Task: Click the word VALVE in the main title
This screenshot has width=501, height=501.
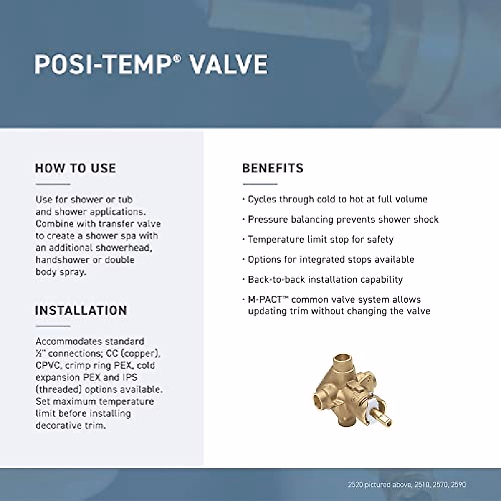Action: pos(229,65)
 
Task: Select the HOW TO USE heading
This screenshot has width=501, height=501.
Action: pos(76,168)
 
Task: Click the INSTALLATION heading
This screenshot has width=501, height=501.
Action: pos(81,310)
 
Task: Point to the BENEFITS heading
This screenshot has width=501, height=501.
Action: pos(273,168)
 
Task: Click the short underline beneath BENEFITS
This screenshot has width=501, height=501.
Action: pos(260,184)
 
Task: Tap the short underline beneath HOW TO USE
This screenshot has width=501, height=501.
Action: pos(53,184)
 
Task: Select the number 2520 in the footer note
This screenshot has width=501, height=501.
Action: pos(355,485)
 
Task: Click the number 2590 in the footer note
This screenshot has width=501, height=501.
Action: pos(458,485)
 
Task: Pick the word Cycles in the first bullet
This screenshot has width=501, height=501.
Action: pos(262,199)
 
